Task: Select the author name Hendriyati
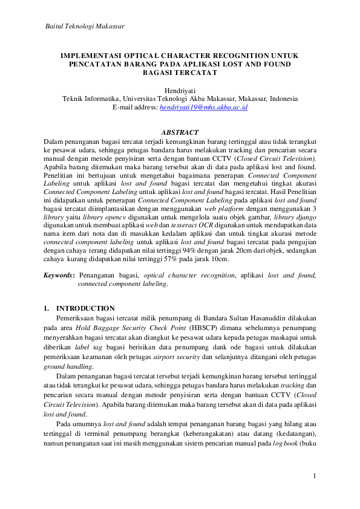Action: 180,89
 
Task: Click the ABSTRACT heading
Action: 180,132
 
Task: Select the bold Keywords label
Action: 60,275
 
